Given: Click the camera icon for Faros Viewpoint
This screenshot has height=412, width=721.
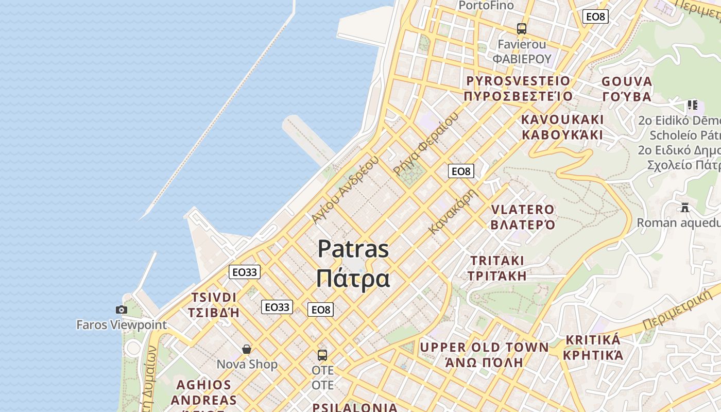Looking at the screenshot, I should coord(122,310).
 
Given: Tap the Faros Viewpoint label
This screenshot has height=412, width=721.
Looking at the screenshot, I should coord(122,325).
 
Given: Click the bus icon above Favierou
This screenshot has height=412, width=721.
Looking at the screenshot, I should coord(522,28).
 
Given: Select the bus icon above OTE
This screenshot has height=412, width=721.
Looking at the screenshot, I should coord(322,355).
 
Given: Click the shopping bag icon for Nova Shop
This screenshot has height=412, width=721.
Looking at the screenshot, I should coord(247,349).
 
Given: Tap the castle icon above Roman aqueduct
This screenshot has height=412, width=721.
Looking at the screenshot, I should coord(685,208).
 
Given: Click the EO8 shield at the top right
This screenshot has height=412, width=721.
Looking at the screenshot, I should coord(595,16).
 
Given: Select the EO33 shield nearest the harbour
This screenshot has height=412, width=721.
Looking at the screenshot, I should coord(245,272).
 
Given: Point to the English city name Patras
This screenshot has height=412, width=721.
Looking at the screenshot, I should coord(353,249).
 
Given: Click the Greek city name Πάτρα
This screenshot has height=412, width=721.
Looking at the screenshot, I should coord(353,279).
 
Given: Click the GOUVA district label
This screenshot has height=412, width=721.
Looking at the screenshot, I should coord(627,81).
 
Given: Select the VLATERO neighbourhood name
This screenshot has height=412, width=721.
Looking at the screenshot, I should coord(523,210).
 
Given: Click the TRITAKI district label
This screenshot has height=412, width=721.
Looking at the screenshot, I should coord(497,260).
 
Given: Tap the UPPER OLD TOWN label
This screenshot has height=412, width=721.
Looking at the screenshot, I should coord(484,348).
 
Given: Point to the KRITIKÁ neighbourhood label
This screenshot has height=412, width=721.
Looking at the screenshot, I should coord(593,340).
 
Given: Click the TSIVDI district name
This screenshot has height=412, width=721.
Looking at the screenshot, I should coord(214,298).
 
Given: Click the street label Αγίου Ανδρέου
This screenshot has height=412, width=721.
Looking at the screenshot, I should coord(345,190).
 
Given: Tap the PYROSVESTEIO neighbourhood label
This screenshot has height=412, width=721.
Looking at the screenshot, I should coord(518,81).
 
